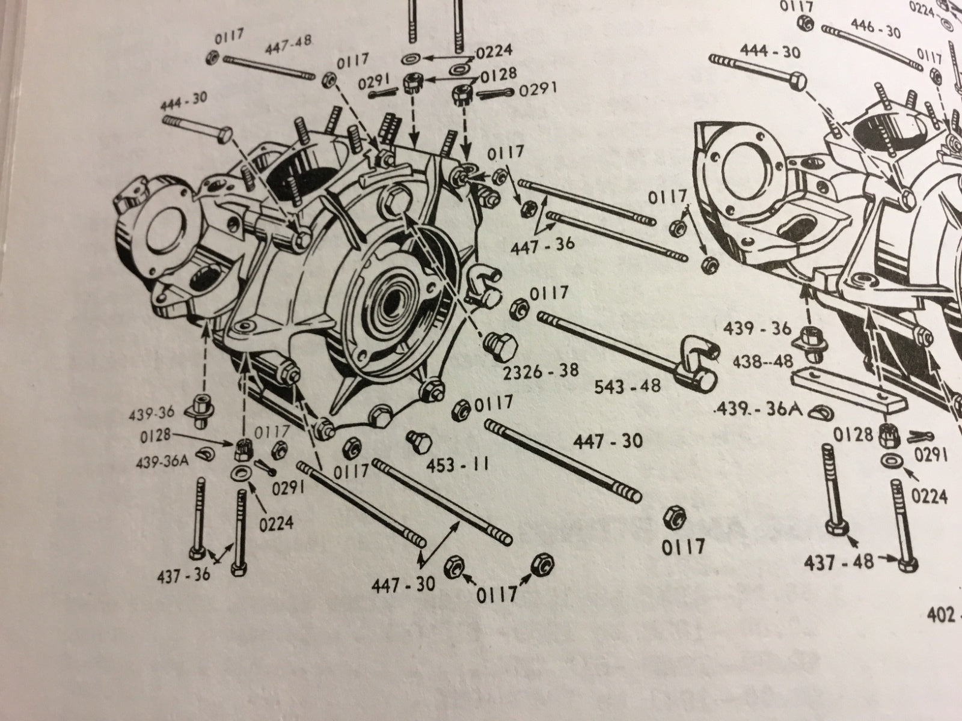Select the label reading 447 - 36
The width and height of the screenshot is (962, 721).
click(x=543, y=244)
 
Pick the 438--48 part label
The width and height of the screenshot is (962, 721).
click(x=760, y=362)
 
